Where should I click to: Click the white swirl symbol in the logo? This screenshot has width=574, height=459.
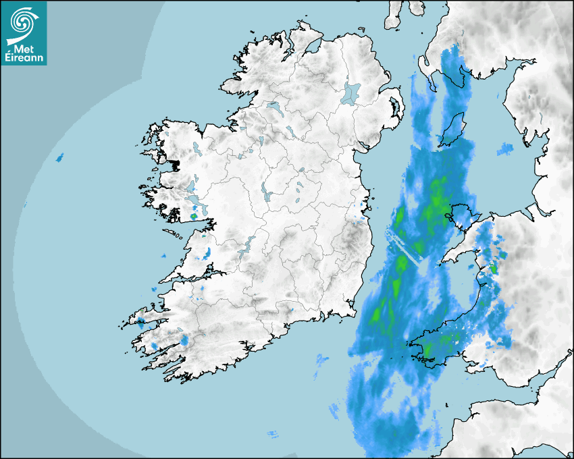[23, 23]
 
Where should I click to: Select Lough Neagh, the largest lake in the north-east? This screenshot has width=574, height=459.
[351, 92]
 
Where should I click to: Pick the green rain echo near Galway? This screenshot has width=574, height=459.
[195, 216]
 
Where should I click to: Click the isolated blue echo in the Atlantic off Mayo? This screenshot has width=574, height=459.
[59, 157]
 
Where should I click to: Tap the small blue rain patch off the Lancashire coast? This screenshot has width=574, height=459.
[505, 148]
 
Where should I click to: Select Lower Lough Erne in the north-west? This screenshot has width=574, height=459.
[274, 107]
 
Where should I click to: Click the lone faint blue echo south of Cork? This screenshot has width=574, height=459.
[273, 433]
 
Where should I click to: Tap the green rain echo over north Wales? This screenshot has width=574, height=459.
[493, 269]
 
